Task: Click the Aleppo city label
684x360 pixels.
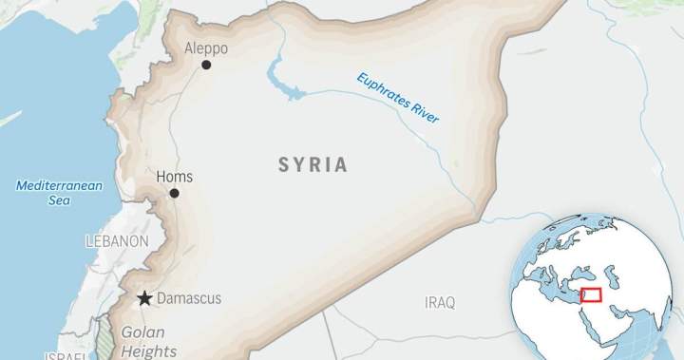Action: click(x=206, y=48)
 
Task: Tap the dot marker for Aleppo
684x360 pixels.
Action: click(x=206, y=66)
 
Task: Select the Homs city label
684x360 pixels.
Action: click(x=175, y=177)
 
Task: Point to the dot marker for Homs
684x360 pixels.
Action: click(x=174, y=194)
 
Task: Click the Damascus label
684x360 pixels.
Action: click(x=188, y=298)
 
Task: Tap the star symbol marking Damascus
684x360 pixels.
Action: click(x=144, y=298)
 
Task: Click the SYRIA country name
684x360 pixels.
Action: click(x=313, y=165)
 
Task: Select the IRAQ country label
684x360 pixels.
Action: click(x=440, y=303)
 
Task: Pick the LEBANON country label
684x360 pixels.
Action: click(x=116, y=241)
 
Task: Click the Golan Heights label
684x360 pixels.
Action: click(x=142, y=342)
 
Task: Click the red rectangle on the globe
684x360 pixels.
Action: click(x=592, y=296)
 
